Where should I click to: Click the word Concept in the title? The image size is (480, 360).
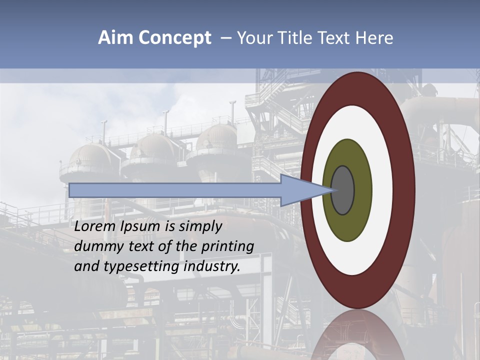(x=174, y=38)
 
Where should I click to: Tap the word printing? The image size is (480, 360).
(x=227, y=247)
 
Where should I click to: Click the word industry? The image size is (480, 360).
(x=211, y=266)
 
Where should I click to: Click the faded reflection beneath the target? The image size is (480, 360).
(x=357, y=335)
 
